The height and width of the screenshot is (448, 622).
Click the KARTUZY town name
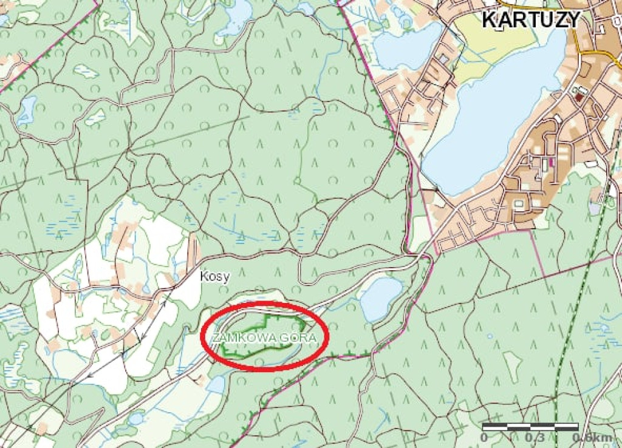tap(530, 19)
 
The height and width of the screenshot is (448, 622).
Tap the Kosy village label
tap(215, 277)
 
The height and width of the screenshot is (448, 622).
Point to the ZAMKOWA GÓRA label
tap(264, 336)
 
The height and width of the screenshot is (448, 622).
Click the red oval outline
tap(265, 303)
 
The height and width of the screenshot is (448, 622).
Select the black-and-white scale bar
tap(530, 426)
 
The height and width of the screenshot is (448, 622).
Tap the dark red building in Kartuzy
tap(579, 96)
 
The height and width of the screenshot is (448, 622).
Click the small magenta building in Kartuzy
tap(552, 163)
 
